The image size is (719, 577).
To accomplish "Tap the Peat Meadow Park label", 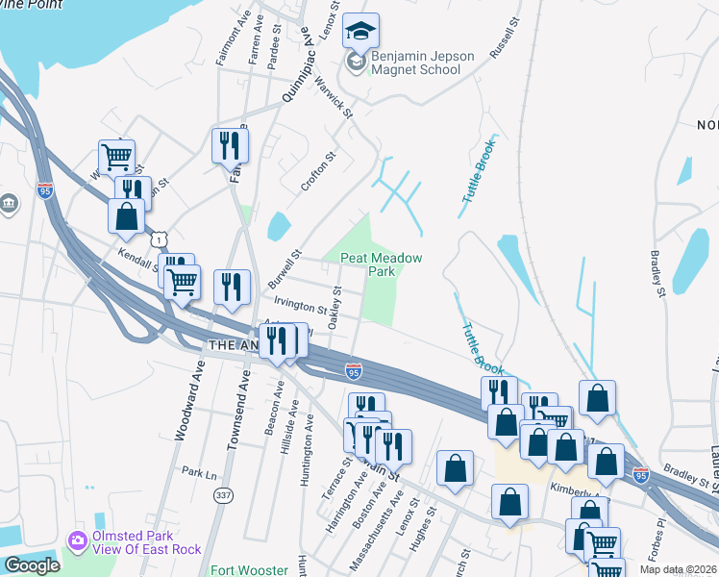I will click(381, 264).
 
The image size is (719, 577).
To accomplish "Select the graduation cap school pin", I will click(360, 34).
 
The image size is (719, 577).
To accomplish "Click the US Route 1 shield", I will click(157, 238).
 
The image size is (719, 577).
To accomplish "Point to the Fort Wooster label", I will click(249, 570).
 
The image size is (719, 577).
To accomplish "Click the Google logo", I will click(32, 565).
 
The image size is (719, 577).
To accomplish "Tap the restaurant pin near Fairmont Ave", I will click(230, 146).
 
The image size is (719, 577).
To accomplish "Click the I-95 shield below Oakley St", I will click(354, 371).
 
